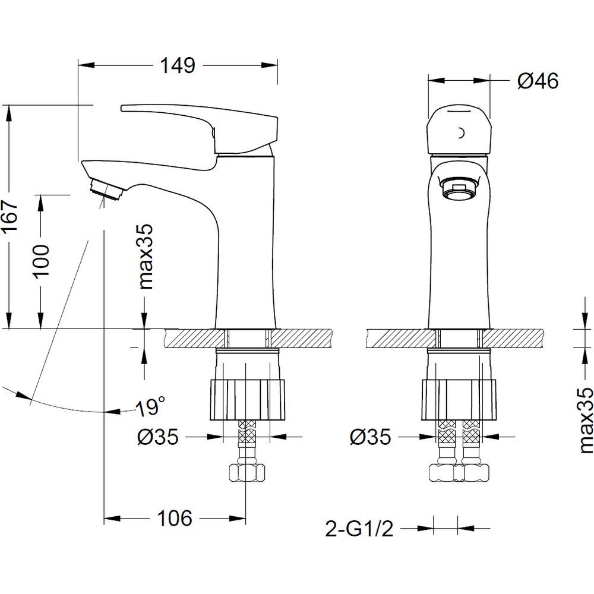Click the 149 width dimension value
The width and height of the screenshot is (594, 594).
click(x=178, y=65)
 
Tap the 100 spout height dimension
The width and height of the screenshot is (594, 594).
click(x=42, y=261)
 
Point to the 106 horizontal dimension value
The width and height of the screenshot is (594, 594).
click(x=175, y=518)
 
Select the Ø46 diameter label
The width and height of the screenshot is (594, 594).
click(x=538, y=81)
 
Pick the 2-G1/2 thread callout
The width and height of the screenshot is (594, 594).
click(x=359, y=529)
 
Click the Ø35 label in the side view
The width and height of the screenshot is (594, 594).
click(x=157, y=437)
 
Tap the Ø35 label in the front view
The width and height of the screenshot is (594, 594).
click(x=370, y=437)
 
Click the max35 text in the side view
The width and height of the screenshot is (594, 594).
click(x=146, y=257)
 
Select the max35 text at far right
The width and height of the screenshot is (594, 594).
click(x=585, y=420)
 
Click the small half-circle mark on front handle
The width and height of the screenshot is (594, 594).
click(x=462, y=133)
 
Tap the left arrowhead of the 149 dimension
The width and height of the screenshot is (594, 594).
click(x=86, y=65)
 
